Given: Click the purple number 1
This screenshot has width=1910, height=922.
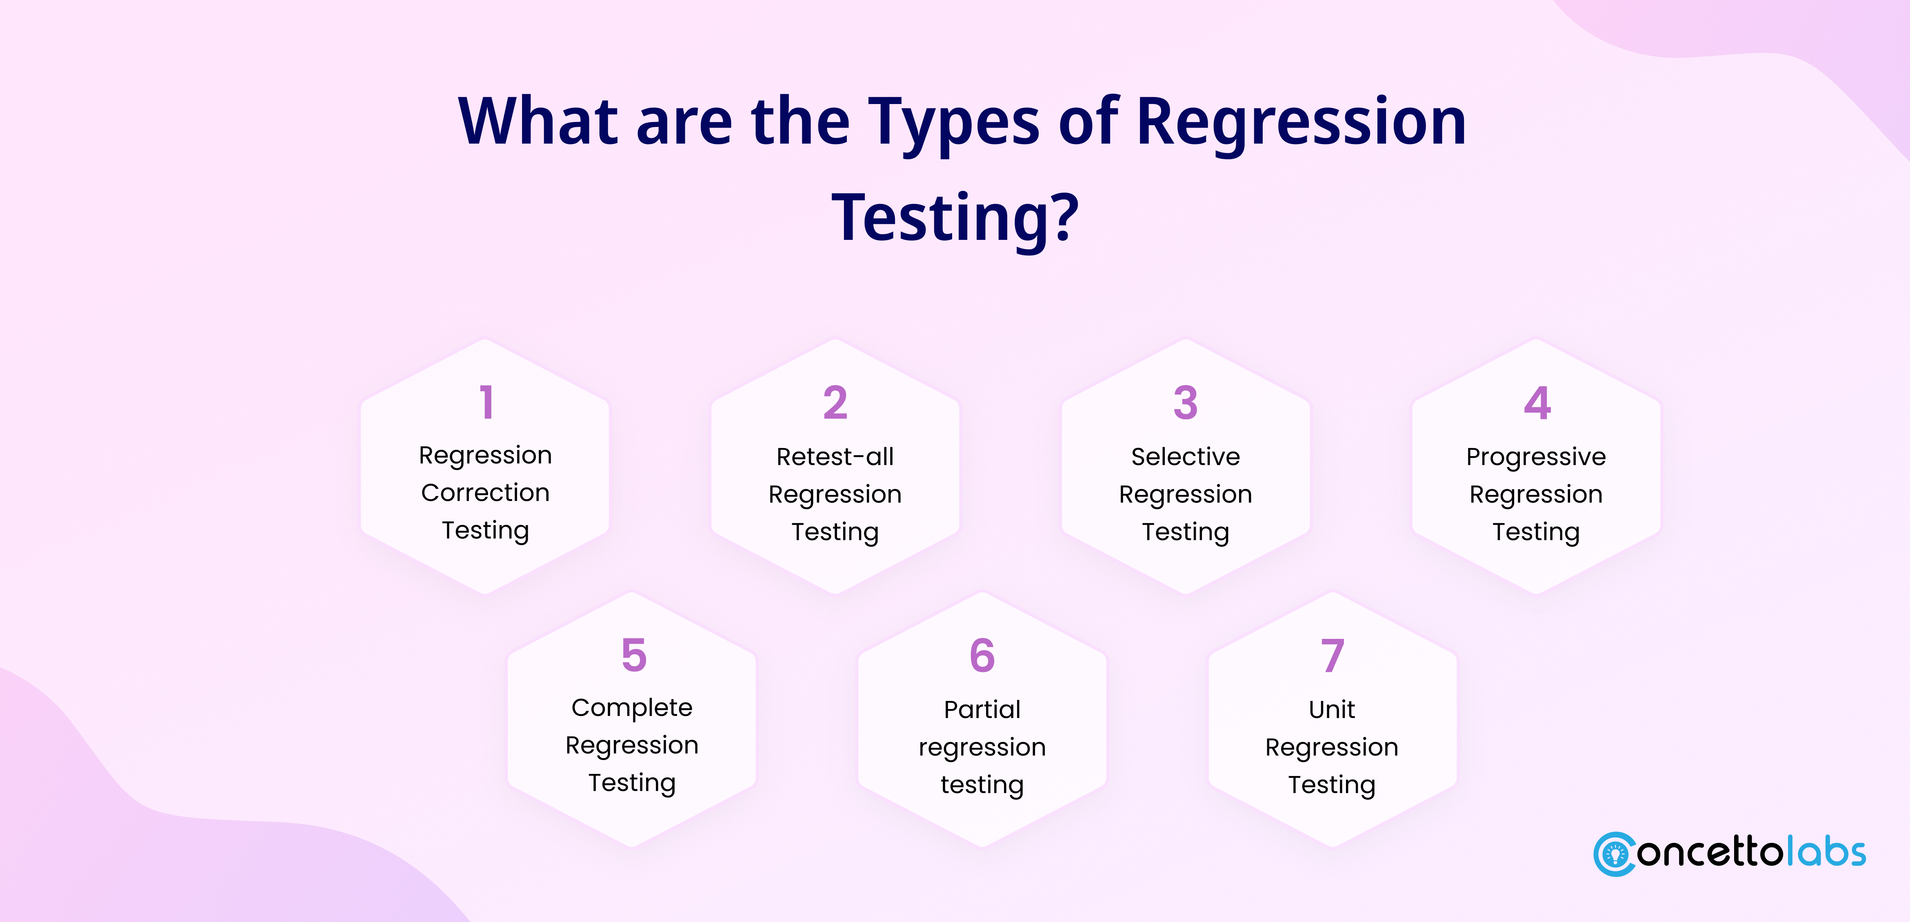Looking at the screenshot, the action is [486, 402].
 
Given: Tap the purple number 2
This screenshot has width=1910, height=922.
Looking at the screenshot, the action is [836, 402].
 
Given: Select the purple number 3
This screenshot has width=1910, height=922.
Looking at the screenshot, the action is [1186, 402].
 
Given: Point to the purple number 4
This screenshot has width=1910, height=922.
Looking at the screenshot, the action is [1537, 402].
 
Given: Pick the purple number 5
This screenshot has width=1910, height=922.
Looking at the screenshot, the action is [634, 655].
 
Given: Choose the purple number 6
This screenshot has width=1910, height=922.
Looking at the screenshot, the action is [982, 655].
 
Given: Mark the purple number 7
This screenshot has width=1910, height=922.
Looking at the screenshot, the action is [1333, 655].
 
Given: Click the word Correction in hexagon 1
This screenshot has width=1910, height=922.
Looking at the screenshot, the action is [486, 493].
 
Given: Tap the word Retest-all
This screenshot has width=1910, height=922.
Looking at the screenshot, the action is [835, 457].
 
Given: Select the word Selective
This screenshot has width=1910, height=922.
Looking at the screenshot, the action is [1186, 457].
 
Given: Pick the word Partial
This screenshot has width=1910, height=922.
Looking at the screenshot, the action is [982, 709].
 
